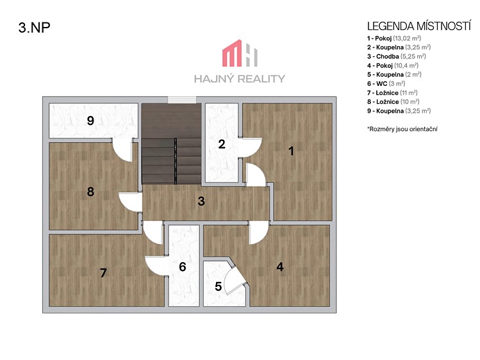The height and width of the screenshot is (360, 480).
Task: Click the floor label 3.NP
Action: (x=35, y=28)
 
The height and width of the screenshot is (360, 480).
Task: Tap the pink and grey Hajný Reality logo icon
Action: (x=240, y=53)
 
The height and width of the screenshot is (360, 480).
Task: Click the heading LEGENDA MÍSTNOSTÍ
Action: (x=418, y=26)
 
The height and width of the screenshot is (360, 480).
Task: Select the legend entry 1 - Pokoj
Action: (x=394, y=38)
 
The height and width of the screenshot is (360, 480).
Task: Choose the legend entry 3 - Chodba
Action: (x=397, y=56)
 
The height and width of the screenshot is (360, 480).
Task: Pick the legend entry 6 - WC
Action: (x=386, y=83)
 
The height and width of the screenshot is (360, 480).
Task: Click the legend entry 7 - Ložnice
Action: (x=392, y=93)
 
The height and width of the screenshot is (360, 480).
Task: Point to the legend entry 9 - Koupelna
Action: (x=399, y=111)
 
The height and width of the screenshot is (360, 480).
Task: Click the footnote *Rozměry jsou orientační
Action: (x=402, y=129)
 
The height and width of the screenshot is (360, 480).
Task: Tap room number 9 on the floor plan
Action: (x=90, y=120)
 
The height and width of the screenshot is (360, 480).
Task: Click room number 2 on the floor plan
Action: (x=222, y=144)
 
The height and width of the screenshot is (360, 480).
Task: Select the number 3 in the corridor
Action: (x=201, y=201)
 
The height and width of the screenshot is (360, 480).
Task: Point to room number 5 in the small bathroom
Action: (x=218, y=286)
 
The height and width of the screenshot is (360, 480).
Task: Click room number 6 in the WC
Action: (x=183, y=266)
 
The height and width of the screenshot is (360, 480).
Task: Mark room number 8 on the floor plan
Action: (x=90, y=192)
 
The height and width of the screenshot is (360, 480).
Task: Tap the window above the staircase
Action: (x=182, y=100)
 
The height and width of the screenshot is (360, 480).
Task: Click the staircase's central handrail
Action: (x=176, y=161)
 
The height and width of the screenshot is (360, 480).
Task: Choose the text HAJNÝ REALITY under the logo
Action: (x=240, y=79)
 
